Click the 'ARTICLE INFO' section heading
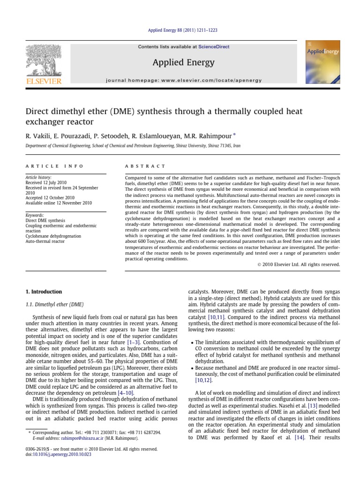(54, 166)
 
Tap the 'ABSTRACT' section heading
(145, 166)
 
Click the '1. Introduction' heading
(43, 292)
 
